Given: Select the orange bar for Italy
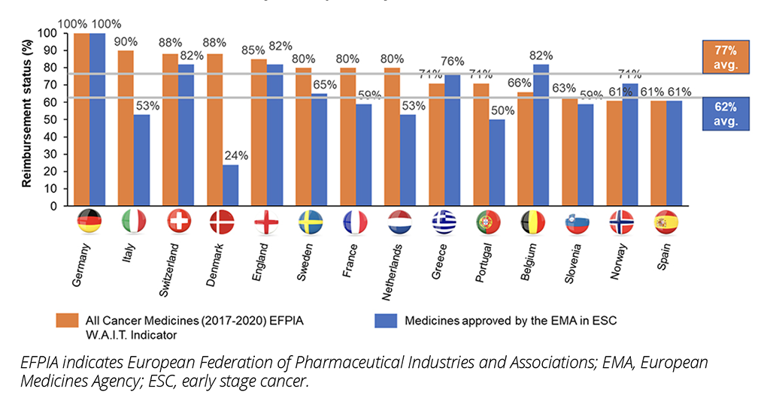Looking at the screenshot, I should tap(125, 128).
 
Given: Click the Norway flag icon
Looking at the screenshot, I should tap(620, 222).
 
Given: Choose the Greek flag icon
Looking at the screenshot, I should tap(444, 222).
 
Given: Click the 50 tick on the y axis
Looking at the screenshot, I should tap(53, 119).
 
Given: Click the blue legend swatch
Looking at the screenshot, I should tap(386, 321).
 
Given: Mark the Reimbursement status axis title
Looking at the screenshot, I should tap(27, 119).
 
